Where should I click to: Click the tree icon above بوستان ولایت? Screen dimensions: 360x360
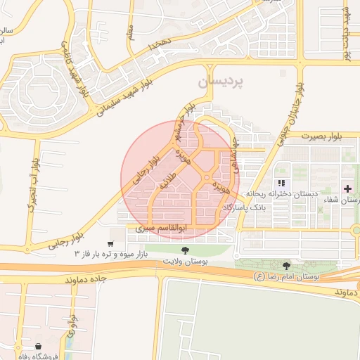186,250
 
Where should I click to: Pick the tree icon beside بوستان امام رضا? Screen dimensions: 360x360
285,266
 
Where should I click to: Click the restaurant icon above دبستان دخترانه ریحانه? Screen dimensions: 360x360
280,184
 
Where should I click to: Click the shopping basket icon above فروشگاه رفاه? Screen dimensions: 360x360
37,345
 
